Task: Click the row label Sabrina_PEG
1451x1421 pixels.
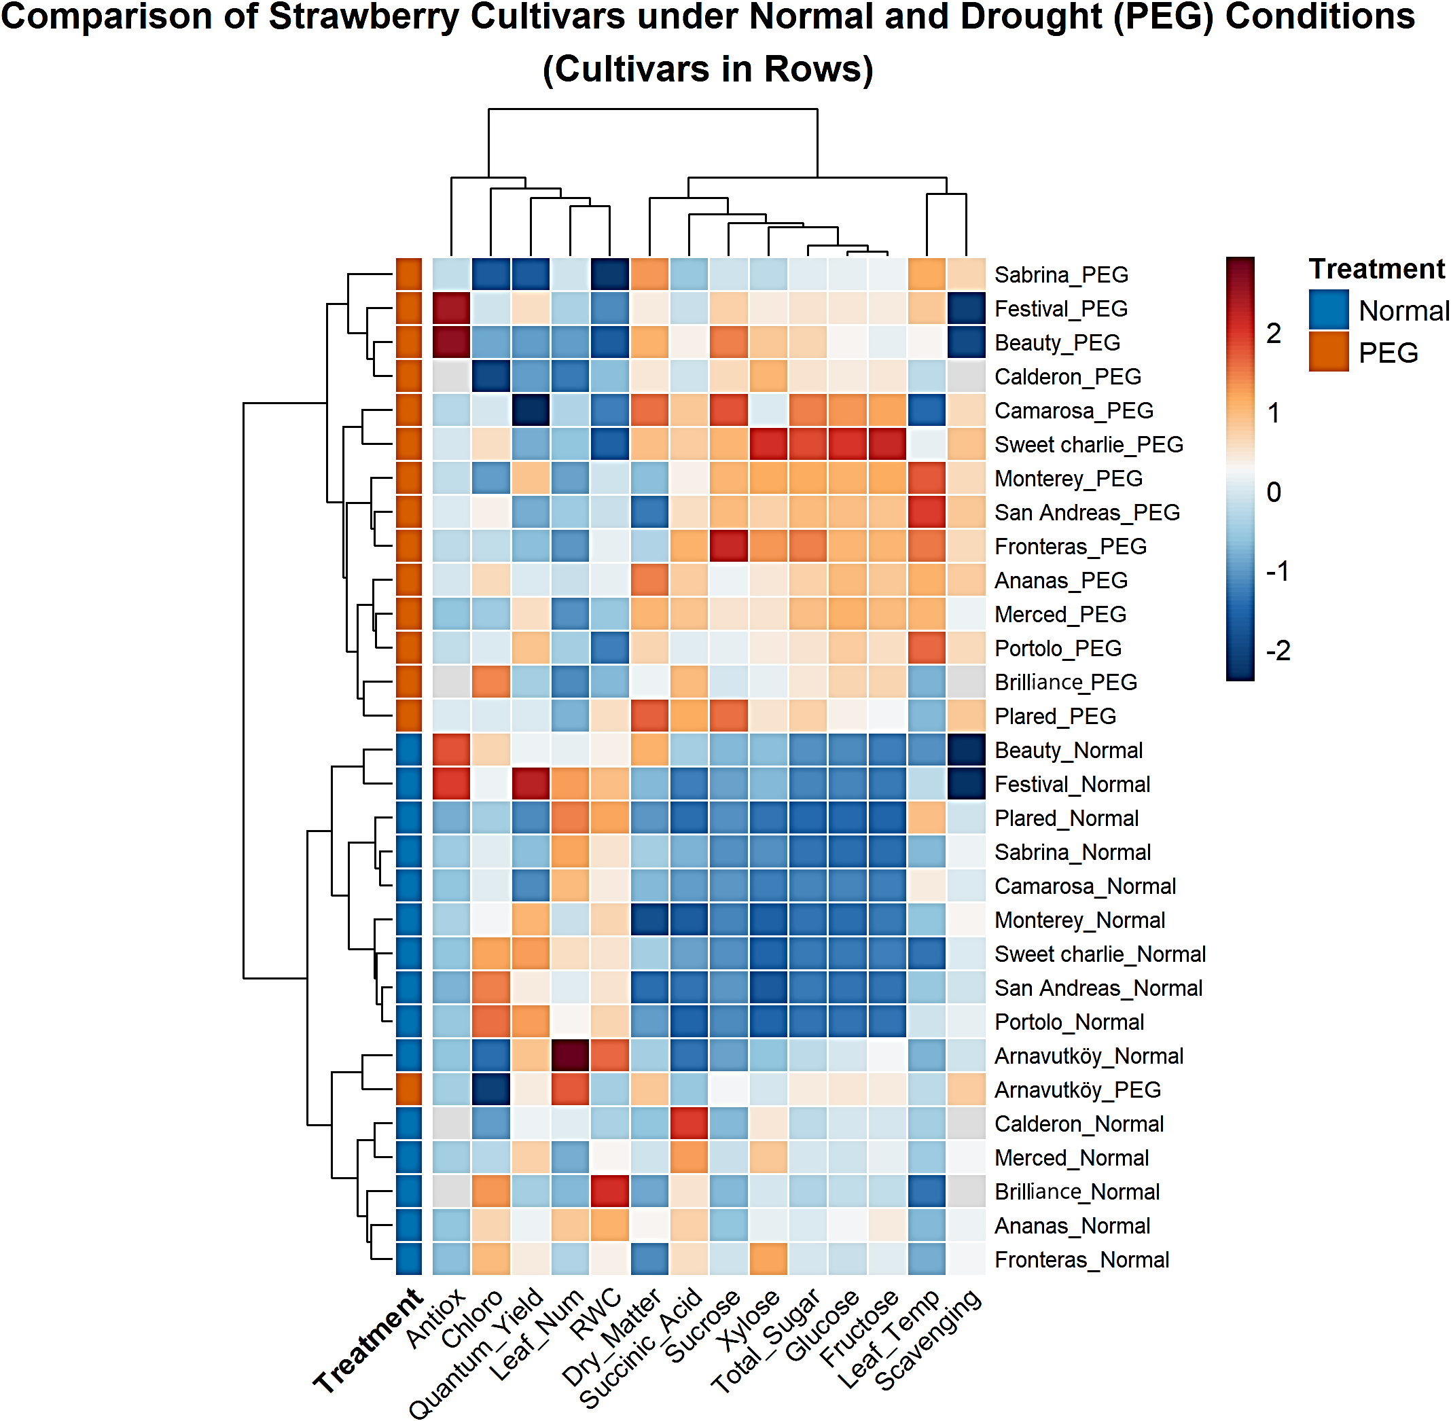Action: [1060, 274]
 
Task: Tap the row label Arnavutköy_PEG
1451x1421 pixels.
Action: [1077, 1090]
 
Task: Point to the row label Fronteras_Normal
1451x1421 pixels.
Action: [1081, 1260]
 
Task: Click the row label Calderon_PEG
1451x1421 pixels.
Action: [1067, 376]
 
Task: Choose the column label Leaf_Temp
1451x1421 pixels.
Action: [889, 1339]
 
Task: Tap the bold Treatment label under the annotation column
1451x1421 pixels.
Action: [368, 1341]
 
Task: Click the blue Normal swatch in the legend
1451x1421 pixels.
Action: [1329, 310]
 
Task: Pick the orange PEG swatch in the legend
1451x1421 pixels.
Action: [1329, 352]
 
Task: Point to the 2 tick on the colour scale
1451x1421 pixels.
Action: [1273, 333]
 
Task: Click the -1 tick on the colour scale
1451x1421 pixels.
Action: [1276, 572]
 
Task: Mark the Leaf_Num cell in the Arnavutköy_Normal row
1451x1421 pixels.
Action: [570, 1056]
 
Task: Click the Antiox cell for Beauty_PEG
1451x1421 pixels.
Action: [452, 342]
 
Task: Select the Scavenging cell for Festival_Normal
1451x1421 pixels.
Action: [967, 784]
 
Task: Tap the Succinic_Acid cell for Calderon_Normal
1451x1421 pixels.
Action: [689, 1123]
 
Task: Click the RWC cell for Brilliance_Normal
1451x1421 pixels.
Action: [610, 1191]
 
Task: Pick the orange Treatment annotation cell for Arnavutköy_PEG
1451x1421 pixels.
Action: [408, 1090]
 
